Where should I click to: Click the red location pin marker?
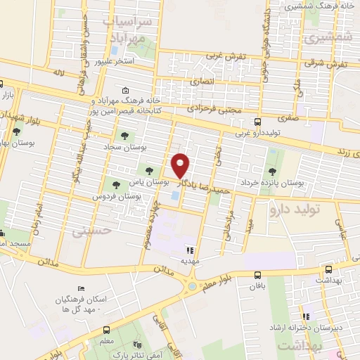pos(181,165)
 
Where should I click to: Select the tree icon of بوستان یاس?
pos(148,169)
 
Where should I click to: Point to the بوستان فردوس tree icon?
pos(116,185)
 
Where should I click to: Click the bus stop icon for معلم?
pos(106,330)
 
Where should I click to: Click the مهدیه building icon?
pos(189,249)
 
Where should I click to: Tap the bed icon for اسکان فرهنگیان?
pos(81,289)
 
